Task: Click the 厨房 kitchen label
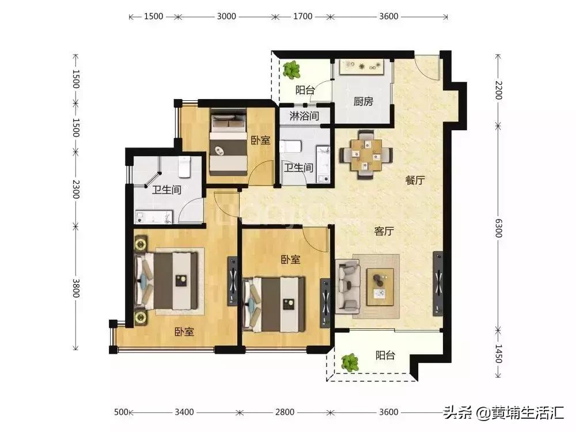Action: pos(363,102)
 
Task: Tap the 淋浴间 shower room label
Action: pos(304,116)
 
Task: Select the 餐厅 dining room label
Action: pos(415,180)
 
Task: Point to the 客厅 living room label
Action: pos(384,231)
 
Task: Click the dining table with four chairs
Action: pos(365,155)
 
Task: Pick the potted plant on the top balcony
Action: pos(292,70)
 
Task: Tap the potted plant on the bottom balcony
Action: pos(349,362)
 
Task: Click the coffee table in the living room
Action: pos(380,284)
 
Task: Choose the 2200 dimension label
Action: pos(499,90)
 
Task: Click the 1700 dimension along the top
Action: pos(302,16)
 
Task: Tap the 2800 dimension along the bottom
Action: pos(285,412)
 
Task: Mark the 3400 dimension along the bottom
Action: pos(184,412)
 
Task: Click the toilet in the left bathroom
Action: pos(184,167)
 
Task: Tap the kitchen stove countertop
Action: pos(362,67)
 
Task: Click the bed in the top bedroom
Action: pos(227,143)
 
